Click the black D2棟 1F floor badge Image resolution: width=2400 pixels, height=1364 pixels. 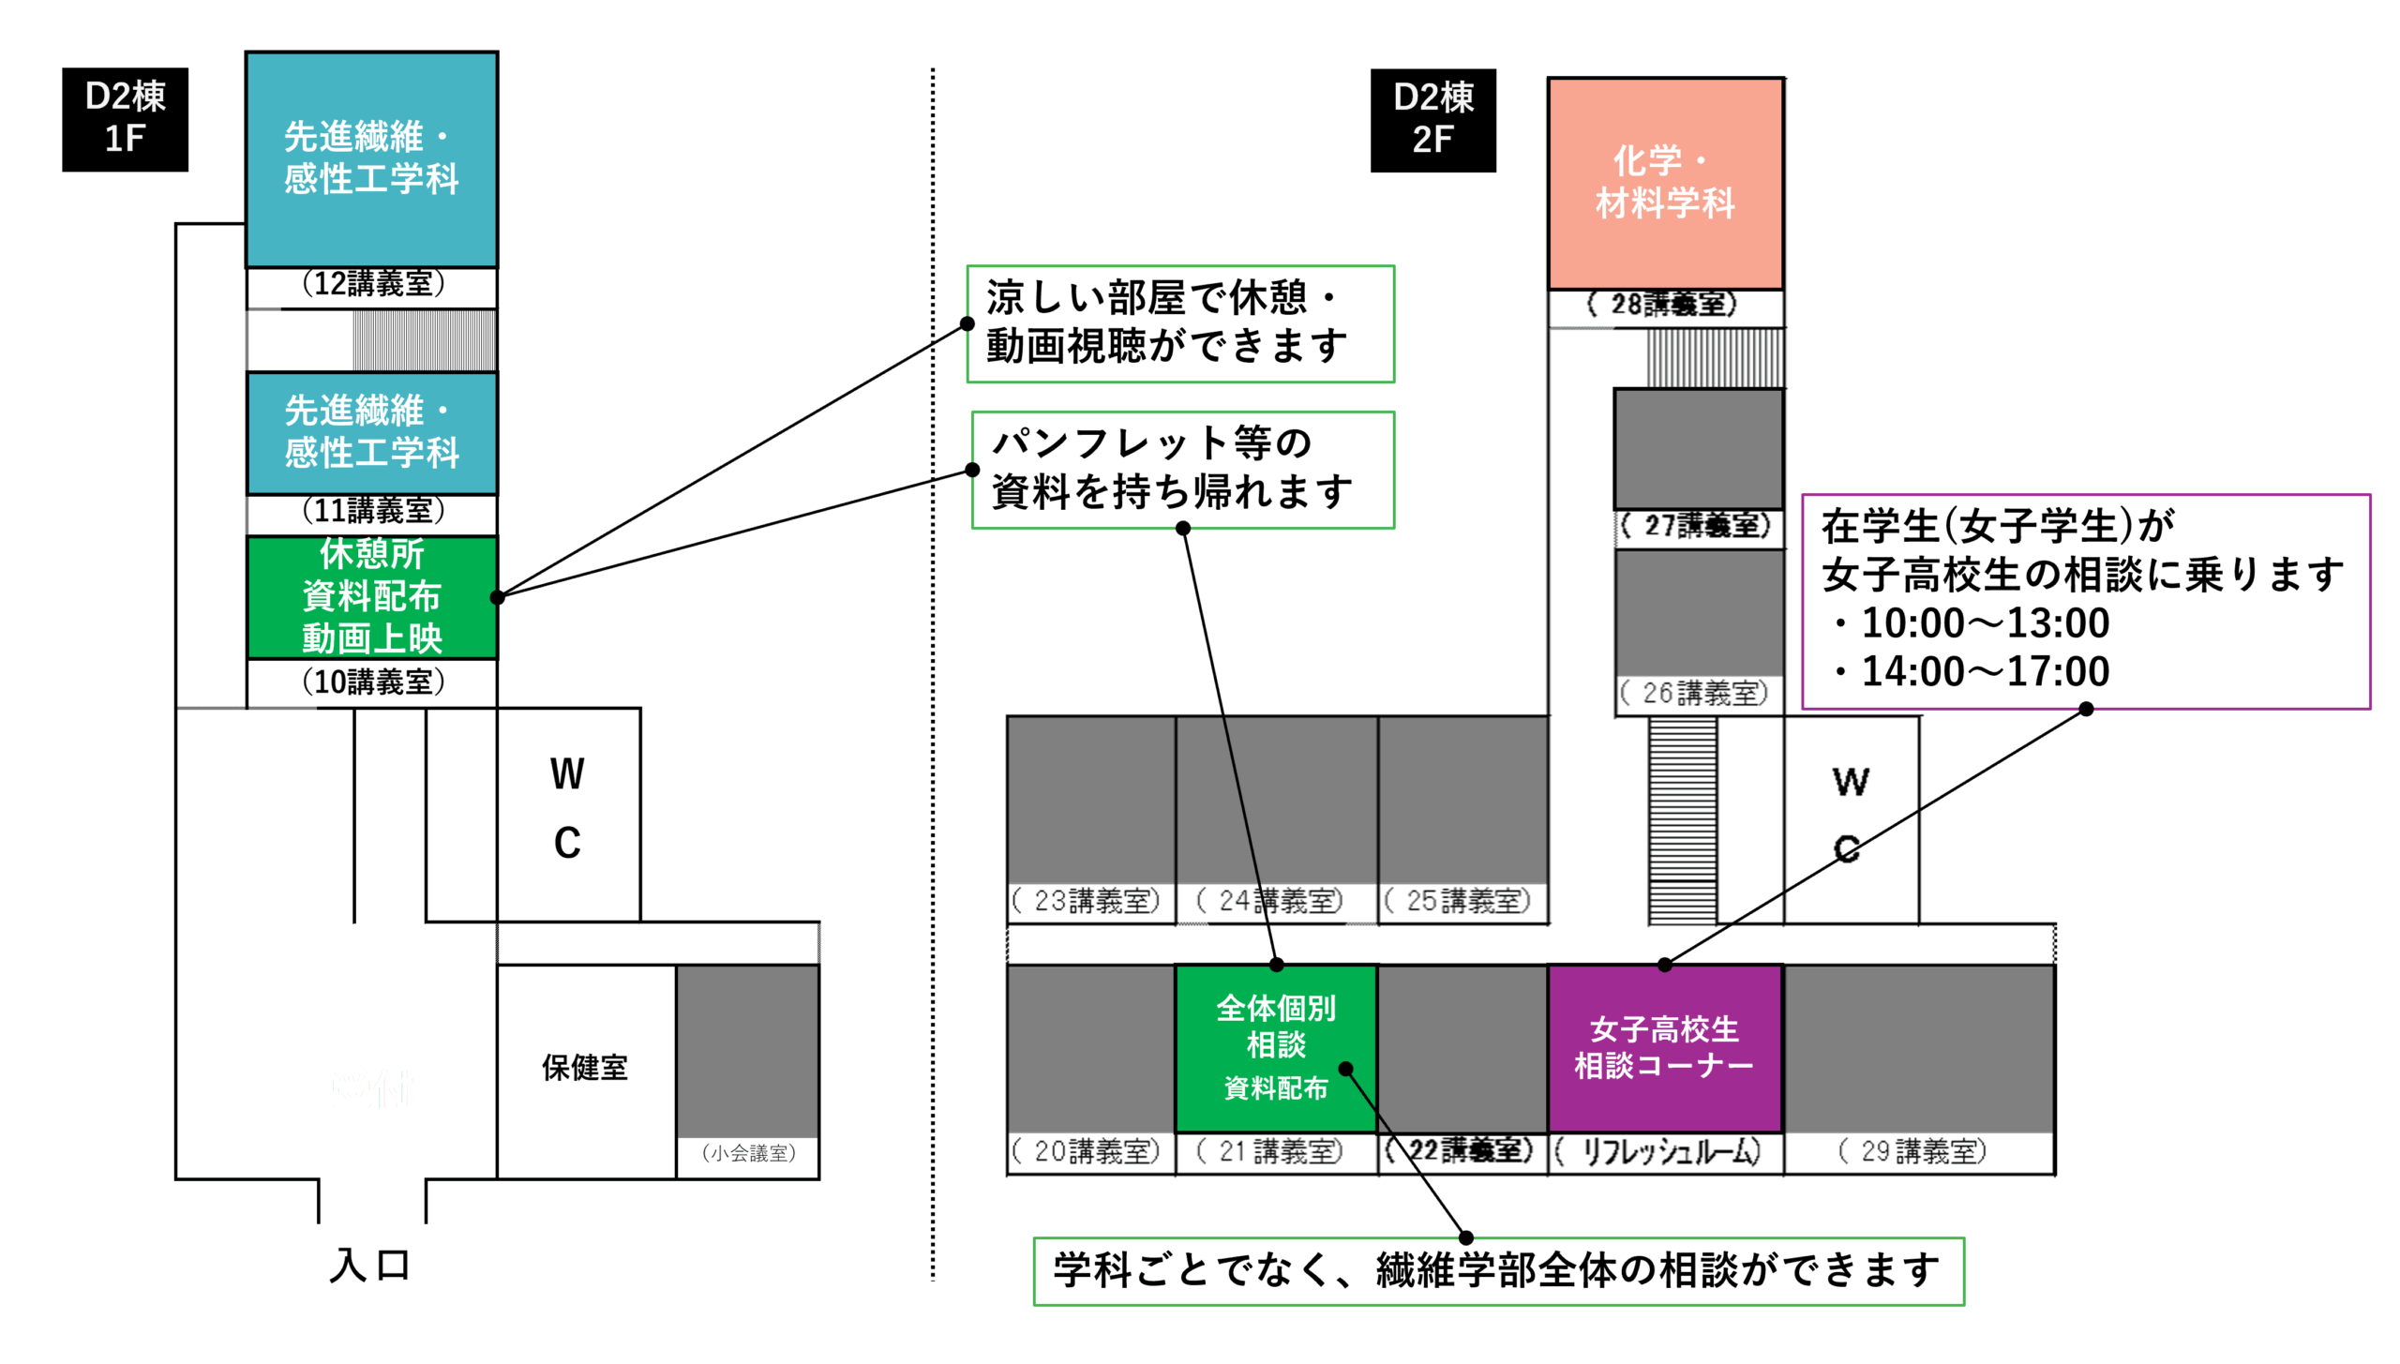pos(125,119)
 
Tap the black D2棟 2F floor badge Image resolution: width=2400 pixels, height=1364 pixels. pos(1432,120)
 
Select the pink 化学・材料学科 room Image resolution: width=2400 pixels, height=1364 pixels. pos(1664,183)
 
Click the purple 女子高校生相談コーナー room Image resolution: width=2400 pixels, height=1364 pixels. pos(1663,1047)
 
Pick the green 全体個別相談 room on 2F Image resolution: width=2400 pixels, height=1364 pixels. pos(1275,1047)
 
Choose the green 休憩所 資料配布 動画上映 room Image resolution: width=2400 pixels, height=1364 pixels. pos(371,596)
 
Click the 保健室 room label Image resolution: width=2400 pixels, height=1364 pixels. pos(584,1067)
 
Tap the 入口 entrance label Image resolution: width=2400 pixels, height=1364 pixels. pos(370,1265)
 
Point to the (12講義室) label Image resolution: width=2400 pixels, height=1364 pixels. pos(372,283)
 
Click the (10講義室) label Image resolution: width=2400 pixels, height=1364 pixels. pos(372,682)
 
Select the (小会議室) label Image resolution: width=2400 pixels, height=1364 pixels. pos(748,1153)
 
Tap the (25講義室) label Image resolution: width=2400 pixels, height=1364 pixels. pos(1458,901)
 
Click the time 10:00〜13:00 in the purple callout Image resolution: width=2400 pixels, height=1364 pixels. pos(1984,623)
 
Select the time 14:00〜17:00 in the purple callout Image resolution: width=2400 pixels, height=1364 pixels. pos(1984,672)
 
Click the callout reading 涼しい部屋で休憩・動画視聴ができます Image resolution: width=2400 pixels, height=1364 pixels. pos(1179,323)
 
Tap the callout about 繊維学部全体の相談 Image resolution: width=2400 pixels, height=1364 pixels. pos(1497,1271)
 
